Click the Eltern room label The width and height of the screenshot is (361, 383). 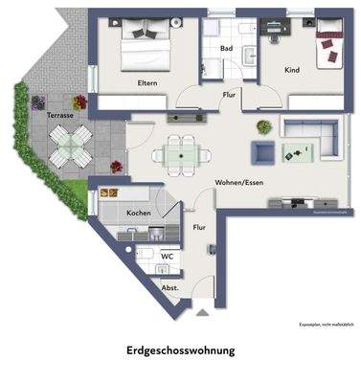pyautogui.click(x=146, y=82)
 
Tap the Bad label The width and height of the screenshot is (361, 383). pyautogui.click(x=227, y=48)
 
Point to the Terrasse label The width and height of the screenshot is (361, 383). pyautogui.click(x=62, y=116)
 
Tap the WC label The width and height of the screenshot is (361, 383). pyautogui.click(x=167, y=256)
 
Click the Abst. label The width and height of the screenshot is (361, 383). pyautogui.click(x=169, y=287)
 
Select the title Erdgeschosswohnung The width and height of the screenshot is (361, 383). pyautogui.click(x=180, y=350)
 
